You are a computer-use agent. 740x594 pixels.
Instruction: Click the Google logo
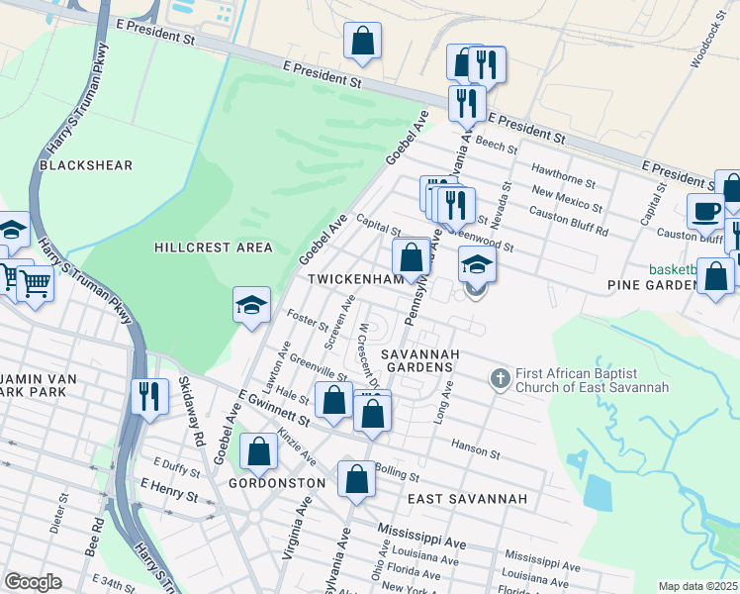point(33,582)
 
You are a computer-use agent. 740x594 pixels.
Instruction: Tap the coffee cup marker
point(707,211)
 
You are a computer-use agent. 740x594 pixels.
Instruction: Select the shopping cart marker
point(36,284)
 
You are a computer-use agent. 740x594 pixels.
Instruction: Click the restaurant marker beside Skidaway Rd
point(149,395)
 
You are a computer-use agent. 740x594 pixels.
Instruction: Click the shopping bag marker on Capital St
point(411,256)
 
